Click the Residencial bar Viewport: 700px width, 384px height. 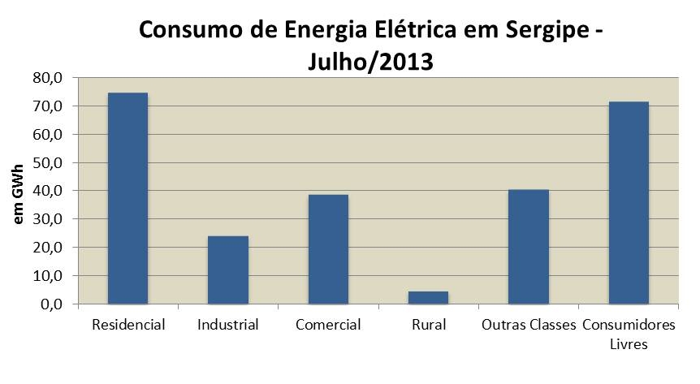coord(128,198)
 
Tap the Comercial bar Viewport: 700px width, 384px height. coord(328,249)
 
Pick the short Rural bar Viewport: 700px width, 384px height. coord(428,297)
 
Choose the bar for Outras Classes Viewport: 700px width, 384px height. coord(529,247)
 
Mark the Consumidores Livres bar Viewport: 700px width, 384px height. coord(629,203)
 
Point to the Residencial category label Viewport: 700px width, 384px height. coord(128,326)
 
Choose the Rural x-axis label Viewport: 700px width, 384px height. coord(428,326)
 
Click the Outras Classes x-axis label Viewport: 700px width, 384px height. coord(528,326)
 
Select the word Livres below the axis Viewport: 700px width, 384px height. coord(629,343)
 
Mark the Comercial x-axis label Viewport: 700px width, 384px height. coord(328,326)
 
